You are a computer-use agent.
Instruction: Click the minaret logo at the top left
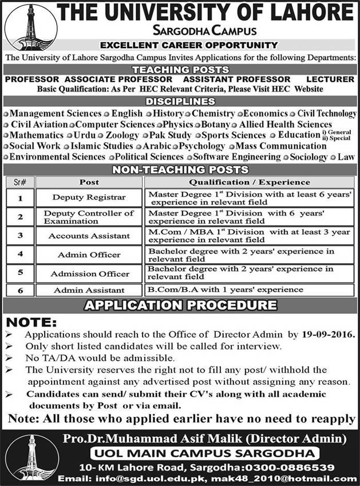coord(30,27)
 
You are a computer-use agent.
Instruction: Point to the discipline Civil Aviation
coord(38,125)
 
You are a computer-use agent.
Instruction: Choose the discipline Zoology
coord(122,136)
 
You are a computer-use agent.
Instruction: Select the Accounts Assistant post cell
coord(89,235)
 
